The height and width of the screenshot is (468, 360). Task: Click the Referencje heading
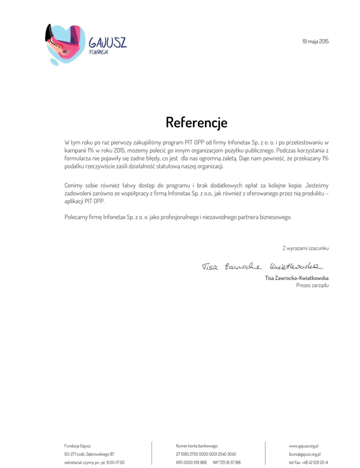click(196, 122)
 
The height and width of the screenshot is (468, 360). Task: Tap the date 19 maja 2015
click(315, 42)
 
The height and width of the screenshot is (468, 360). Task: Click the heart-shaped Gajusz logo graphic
click(64, 45)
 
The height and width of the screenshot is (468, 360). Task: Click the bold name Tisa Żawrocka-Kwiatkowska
click(296, 277)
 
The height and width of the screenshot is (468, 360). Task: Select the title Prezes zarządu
click(312, 285)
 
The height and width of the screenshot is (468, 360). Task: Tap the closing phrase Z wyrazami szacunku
click(306, 248)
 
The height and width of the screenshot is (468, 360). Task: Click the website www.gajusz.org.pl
click(304, 445)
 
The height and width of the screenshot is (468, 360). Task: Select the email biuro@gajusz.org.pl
click(304, 454)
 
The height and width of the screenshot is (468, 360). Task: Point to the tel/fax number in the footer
click(308, 463)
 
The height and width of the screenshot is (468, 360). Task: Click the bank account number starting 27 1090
click(206, 454)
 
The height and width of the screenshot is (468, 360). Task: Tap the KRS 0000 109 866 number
click(191, 463)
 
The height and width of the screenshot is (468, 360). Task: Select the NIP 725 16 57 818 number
click(226, 463)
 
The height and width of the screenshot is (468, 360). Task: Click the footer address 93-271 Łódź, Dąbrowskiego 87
click(89, 454)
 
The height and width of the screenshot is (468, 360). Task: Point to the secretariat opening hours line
click(94, 463)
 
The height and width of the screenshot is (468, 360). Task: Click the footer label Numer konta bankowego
click(197, 445)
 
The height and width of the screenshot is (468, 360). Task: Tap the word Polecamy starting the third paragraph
click(76, 217)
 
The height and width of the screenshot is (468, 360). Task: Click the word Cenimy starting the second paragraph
click(74, 186)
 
